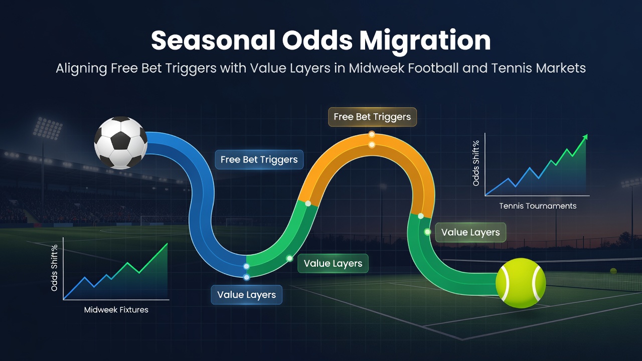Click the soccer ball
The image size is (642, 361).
click(x=121, y=142)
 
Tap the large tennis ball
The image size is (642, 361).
click(x=521, y=283)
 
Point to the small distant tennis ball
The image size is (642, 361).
click(x=613, y=271)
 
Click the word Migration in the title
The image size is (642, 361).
click(x=425, y=41)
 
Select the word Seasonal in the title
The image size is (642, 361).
click(x=213, y=41)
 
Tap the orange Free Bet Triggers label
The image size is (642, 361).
click(x=372, y=117)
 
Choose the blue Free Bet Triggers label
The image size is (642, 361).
click(x=259, y=159)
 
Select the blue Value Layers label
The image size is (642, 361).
click(x=246, y=294)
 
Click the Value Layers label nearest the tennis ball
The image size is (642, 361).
click(x=470, y=232)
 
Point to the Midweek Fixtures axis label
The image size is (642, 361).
click(x=116, y=310)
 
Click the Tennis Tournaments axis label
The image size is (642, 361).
click(x=538, y=206)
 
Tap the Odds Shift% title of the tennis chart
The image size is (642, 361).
click(x=476, y=163)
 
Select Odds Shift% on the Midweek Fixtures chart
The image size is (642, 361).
click(x=54, y=268)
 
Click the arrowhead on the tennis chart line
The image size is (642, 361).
click(x=585, y=137)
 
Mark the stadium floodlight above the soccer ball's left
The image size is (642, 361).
click(x=47, y=128)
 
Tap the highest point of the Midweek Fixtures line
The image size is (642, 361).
click(x=168, y=244)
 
